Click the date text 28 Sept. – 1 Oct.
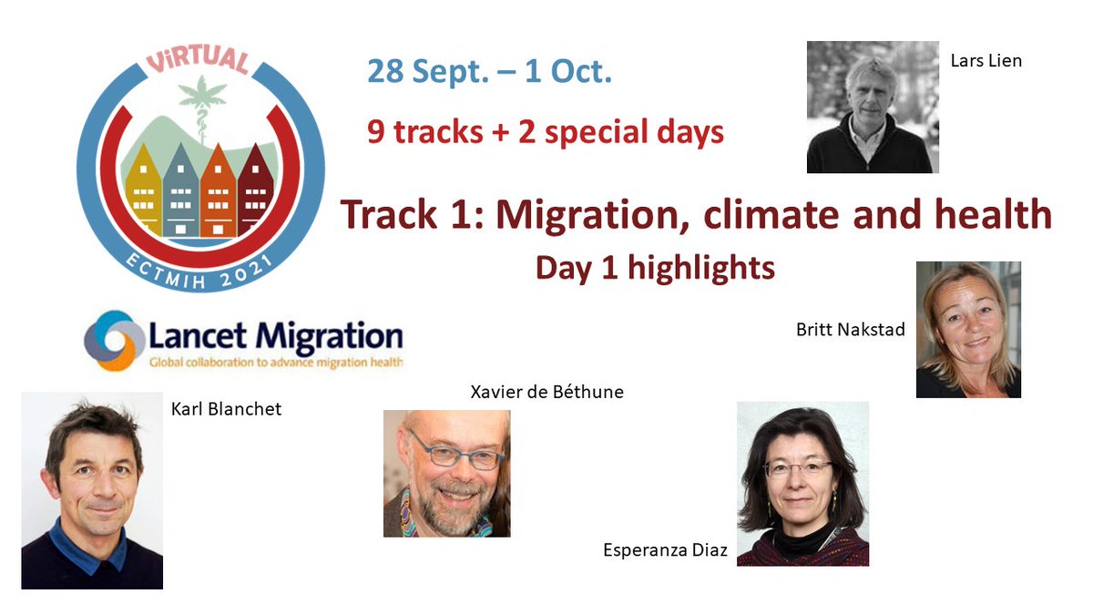(x=489, y=71)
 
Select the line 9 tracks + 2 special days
(x=545, y=131)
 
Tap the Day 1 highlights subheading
(x=654, y=267)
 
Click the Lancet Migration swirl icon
(x=115, y=340)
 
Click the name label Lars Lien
(x=986, y=61)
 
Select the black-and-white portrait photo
(x=872, y=107)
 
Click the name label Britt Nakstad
(x=850, y=329)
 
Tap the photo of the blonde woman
(x=967, y=329)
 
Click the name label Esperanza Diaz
(x=665, y=549)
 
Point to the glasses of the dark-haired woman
(x=799, y=468)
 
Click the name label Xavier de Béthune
(x=546, y=392)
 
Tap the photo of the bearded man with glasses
(x=446, y=473)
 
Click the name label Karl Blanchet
(x=226, y=408)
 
